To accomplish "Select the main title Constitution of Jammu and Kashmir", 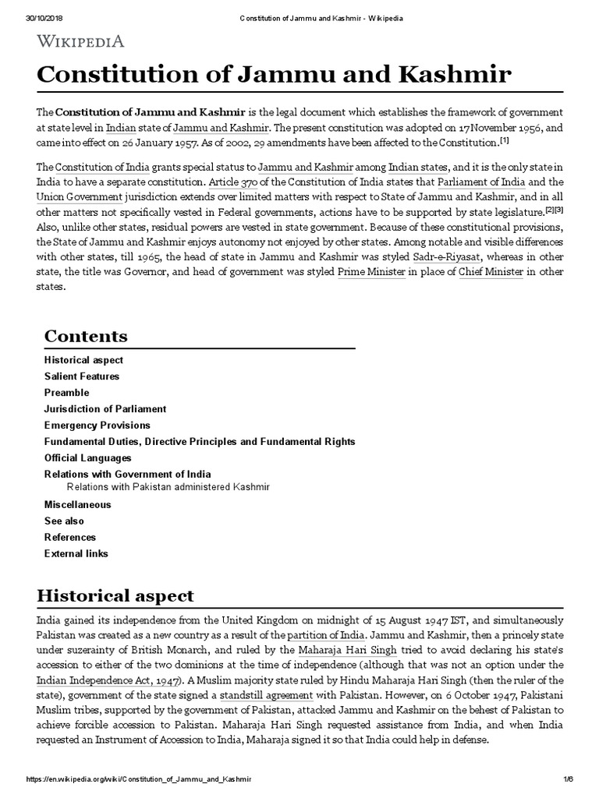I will click(x=275, y=75).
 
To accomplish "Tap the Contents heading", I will click(x=86, y=336).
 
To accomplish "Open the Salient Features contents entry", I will click(x=82, y=376).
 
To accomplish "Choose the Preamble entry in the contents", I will click(x=67, y=393).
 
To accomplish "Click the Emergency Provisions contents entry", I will click(x=97, y=425).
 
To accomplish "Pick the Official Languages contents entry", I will click(x=88, y=458).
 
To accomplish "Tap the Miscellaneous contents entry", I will click(x=77, y=504).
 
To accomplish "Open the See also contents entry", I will click(x=64, y=521).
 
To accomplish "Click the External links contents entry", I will click(x=76, y=553).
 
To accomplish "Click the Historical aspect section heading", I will click(x=115, y=596).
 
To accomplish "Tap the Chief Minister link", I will click(x=490, y=272).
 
